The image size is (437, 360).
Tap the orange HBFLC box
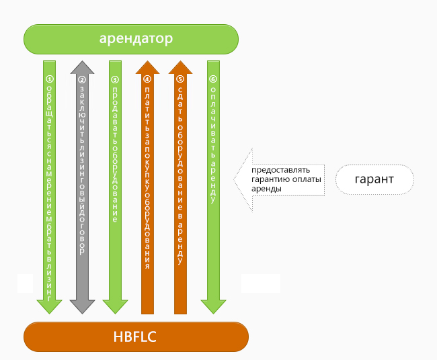[136, 336]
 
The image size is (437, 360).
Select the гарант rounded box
[374, 179]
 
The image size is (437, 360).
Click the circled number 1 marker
[49, 79]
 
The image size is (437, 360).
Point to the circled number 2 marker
[82, 79]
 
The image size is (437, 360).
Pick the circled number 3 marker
[115, 79]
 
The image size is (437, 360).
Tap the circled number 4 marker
[147, 79]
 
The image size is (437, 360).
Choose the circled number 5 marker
[180, 79]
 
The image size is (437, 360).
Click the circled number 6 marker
[213, 79]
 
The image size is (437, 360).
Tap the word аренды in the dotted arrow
[266, 189]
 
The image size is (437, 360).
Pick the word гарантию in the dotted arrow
[270, 179]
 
